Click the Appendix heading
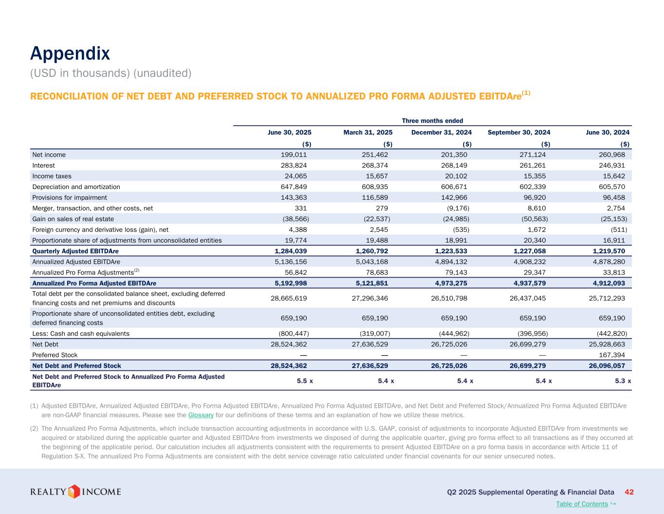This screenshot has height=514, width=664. point(70,54)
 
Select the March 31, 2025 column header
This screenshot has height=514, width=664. point(368,133)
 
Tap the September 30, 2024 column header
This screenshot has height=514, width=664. point(519,133)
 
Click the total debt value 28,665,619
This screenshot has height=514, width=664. point(289,298)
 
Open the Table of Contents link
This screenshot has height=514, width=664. point(582,504)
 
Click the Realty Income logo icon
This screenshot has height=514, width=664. point(74,491)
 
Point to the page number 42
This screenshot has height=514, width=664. point(628,492)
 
